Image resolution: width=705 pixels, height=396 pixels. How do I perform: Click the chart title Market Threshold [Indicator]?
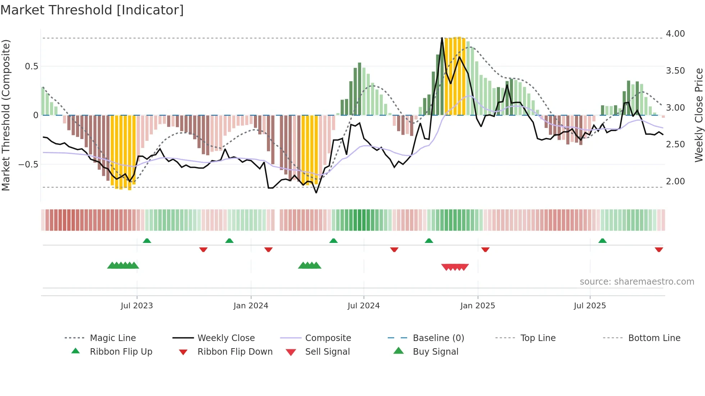92,10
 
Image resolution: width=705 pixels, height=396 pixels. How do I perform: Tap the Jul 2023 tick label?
137,306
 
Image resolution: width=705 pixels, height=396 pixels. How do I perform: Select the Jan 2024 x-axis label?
251,306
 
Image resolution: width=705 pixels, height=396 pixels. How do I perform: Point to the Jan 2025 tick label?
477,306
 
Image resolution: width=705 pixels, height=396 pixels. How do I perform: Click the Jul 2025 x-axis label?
590,306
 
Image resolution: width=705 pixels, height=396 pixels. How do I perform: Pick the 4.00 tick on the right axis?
675,34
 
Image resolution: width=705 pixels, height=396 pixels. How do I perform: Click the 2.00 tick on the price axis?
675,181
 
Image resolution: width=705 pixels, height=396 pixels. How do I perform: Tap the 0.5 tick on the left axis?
31,66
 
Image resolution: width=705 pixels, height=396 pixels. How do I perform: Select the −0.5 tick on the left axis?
28,165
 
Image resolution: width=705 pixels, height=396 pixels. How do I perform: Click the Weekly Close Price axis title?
699,115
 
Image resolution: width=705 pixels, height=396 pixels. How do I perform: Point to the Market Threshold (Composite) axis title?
6,115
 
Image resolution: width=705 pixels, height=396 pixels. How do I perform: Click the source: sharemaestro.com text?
637,282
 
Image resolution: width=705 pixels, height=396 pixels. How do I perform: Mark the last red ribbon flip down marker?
659,249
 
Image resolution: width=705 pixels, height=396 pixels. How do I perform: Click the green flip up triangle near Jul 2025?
602,241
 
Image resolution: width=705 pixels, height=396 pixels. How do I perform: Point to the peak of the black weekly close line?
442,38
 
